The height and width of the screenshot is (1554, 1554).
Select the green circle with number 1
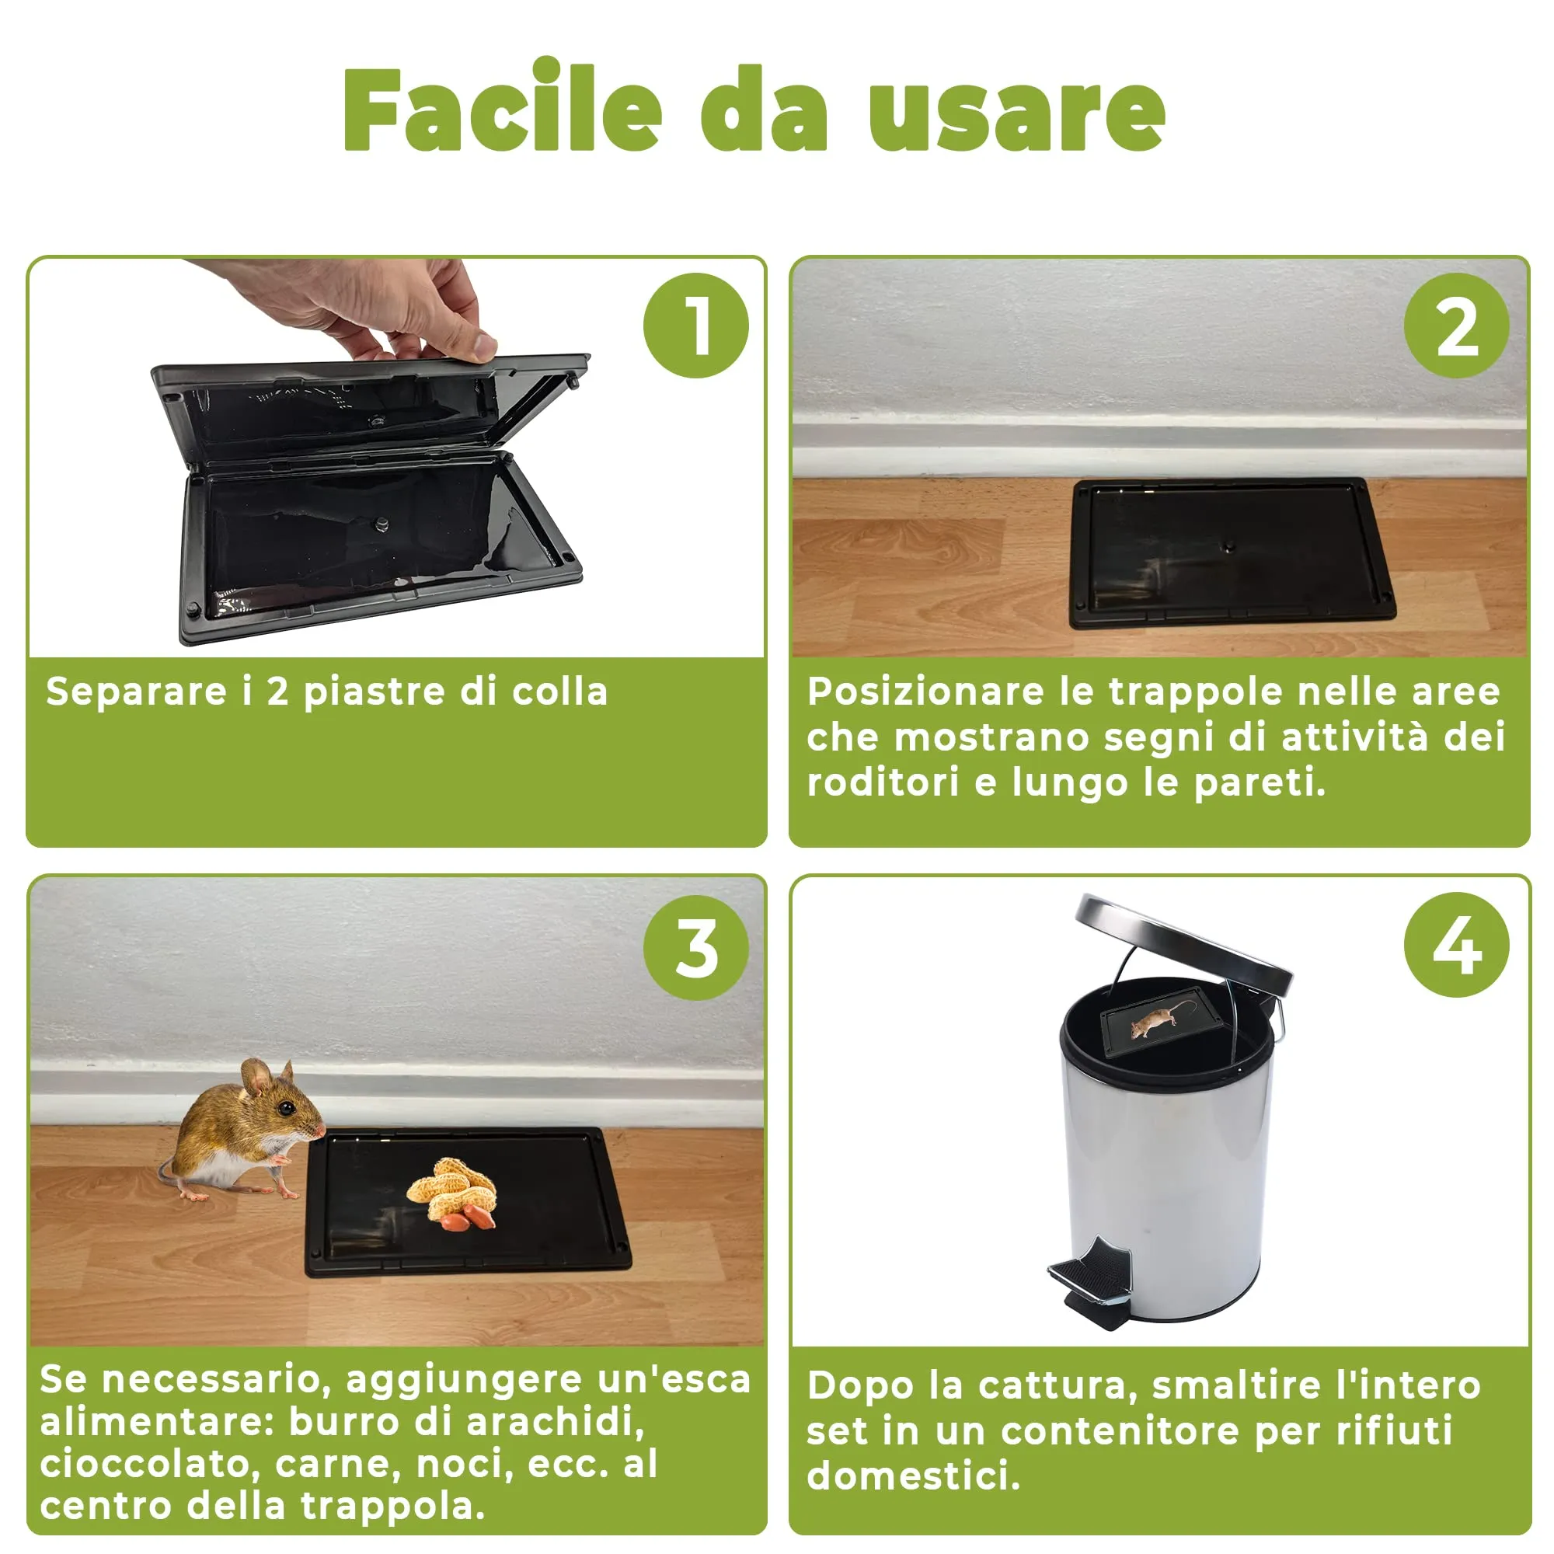coord(695,326)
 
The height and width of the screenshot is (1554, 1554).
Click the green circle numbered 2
coord(1457,326)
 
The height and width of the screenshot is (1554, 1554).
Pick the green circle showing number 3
coord(695,947)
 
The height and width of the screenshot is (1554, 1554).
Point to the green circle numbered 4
coord(1457,945)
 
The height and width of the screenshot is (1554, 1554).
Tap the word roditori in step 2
coord(883,782)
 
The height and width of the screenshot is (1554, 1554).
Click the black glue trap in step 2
coord(1232,553)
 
